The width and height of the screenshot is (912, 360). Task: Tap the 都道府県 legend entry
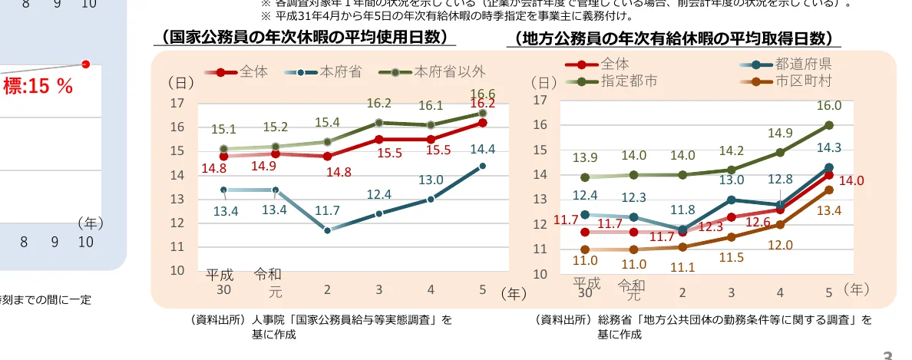click(803, 64)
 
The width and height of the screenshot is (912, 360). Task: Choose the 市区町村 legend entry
click(803, 80)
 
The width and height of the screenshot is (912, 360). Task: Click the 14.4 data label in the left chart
click(482, 150)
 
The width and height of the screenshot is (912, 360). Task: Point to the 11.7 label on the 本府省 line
click(328, 210)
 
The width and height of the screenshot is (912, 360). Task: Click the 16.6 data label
click(482, 94)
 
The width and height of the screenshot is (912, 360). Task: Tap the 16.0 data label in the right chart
click(829, 106)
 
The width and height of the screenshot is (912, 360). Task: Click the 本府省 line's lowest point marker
click(327, 230)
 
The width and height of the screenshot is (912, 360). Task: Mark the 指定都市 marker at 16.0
click(829, 125)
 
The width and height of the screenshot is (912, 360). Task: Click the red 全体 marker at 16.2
click(482, 122)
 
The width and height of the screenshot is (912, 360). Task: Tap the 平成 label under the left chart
click(221, 274)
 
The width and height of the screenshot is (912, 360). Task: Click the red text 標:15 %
click(38, 87)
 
